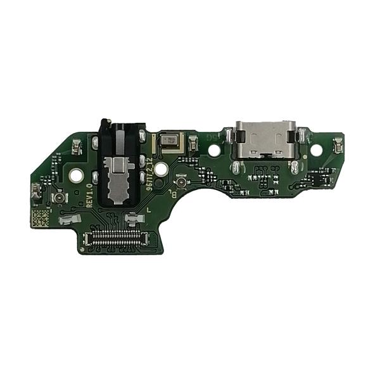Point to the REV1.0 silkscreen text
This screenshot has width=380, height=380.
[90, 196]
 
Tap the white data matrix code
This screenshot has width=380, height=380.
[40, 219]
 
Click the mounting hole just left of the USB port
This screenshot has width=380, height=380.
[215, 150]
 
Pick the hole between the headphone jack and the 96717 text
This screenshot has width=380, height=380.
[161, 169]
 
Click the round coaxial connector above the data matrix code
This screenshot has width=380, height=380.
[59, 198]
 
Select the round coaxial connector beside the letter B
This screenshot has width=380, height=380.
[181, 183]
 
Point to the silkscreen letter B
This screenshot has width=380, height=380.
[174, 194]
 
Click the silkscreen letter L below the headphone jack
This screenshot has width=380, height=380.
[148, 209]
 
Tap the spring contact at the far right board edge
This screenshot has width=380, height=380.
[338, 147]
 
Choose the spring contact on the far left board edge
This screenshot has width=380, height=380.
[36, 190]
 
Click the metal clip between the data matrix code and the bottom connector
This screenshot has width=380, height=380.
[67, 221]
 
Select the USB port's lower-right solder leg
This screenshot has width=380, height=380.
[293, 167]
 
